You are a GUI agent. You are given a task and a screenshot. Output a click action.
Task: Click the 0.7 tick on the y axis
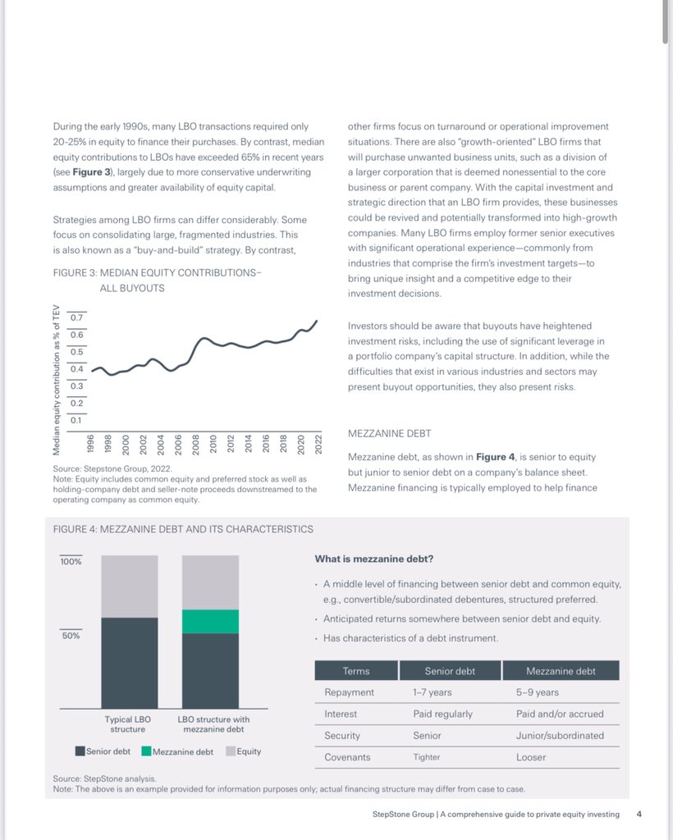coord(78,317)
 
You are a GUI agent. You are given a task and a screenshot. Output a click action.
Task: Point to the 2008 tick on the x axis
coord(195,444)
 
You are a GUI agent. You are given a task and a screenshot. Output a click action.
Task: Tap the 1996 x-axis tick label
coord(91,444)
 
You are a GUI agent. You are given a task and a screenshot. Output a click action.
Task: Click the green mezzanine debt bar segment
coord(210,621)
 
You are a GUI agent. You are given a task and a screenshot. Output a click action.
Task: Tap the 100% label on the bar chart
coord(71,562)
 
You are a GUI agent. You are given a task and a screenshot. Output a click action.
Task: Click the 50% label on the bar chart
coord(71,636)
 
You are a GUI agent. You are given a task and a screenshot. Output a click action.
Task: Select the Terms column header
coord(356,671)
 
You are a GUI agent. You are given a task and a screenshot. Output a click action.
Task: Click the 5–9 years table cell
coord(538,692)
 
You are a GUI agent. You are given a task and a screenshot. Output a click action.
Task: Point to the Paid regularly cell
coord(443,714)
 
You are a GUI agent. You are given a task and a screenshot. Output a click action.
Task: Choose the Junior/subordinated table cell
coord(560,736)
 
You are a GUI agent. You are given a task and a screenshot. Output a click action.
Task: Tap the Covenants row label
coord(347,757)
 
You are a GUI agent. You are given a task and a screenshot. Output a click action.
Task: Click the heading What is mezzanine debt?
coord(374,559)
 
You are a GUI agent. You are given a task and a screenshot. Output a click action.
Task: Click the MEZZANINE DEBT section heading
coord(389,433)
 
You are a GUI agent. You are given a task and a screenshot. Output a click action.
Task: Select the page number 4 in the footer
coord(639,815)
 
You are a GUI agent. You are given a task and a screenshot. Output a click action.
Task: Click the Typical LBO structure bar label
coord(128,724)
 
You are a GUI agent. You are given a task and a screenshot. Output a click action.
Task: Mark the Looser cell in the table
coord(531,757)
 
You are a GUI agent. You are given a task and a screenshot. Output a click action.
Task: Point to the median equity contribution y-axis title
coord(57,378)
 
